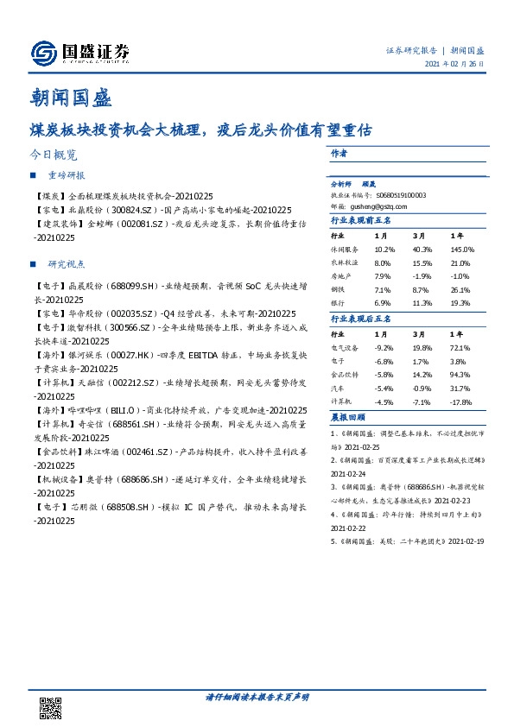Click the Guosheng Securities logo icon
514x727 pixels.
pos(42,54)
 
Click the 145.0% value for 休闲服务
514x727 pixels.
pos(462,249)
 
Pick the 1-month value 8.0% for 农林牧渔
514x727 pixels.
pos(383,262)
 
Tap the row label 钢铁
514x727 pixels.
pos(339,291)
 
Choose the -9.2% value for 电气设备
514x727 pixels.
pos(384,347)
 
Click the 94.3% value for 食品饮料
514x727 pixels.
pos(460,376)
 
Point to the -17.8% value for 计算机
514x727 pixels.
pos(462,403)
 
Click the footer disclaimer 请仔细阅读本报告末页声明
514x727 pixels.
pos(257,696)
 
